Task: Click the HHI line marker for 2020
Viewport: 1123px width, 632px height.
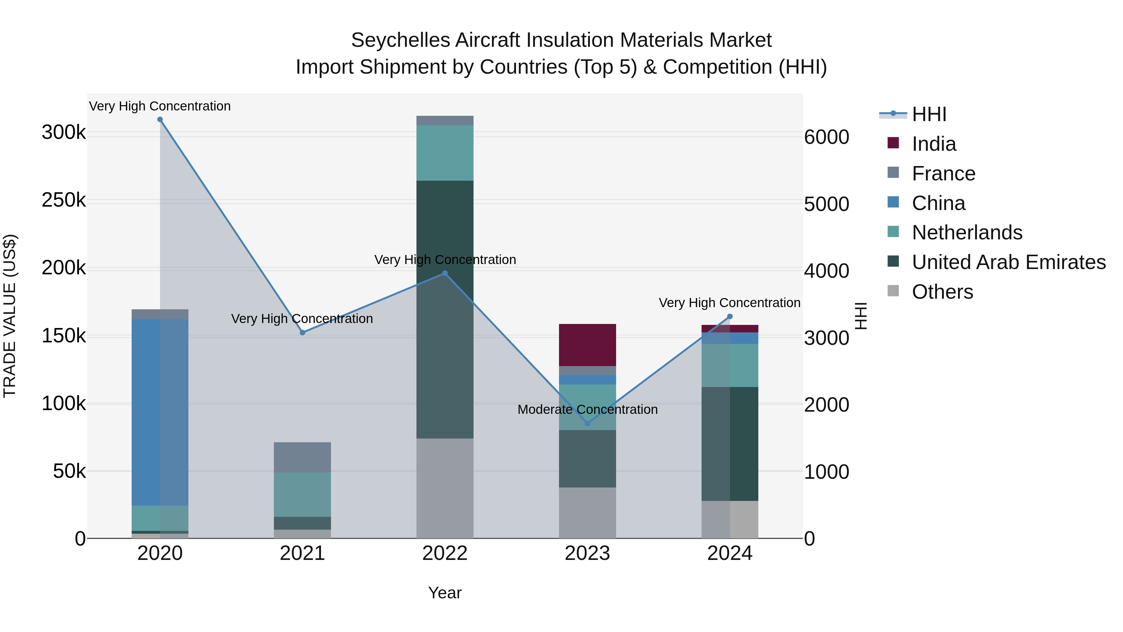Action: pos(160,120)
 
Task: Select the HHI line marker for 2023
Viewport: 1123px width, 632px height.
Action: pos(587,423)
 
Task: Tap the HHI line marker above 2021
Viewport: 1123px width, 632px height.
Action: pos(303,332)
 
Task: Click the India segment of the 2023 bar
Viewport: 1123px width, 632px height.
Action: pos(587,345)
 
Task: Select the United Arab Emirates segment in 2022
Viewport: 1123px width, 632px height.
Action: pos(445,309)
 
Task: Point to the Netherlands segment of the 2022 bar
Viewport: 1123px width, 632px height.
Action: pos(445,153)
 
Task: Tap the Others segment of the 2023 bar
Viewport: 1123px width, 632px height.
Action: pos(587,512)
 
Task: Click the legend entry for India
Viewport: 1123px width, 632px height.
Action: pos(933,144)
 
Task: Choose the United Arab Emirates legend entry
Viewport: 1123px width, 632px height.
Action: pos(1008,262)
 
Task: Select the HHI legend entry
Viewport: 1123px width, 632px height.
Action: pos(929,114)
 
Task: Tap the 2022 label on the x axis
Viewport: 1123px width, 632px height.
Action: pos(445,553)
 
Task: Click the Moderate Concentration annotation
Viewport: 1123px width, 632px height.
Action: pos(587,409)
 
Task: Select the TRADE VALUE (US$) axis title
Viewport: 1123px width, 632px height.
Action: pos(10,316)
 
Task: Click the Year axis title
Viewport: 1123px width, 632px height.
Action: pos(445,593)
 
